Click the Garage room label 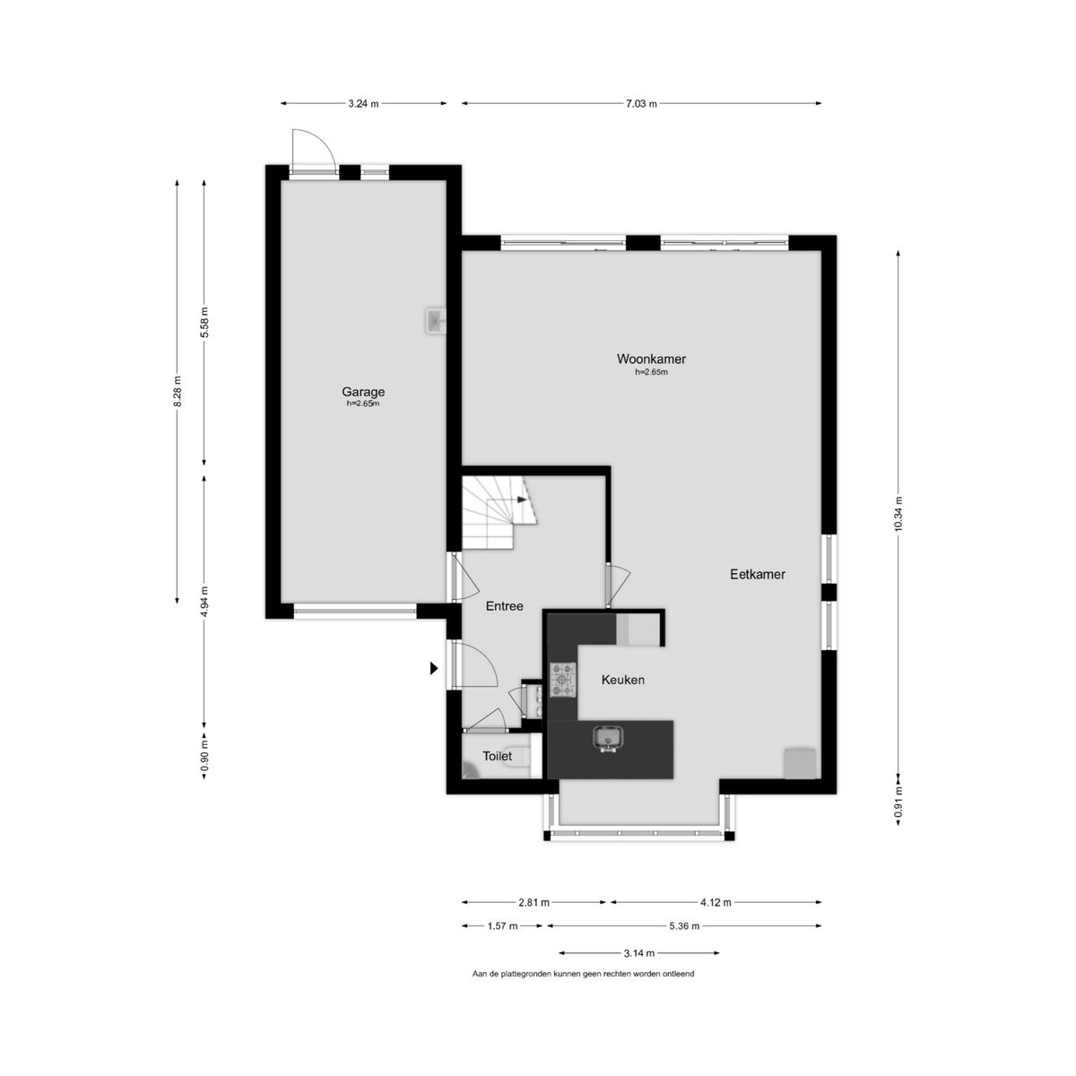(x=363, y=392)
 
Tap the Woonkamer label (x=651, y=359)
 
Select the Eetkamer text (x=758, y=574)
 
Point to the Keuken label (x=622, y=680)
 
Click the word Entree (x=504, y=606)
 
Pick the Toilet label (x=497, y=756)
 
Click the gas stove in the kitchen (x=563, y=679)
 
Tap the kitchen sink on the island (x=608, y=738)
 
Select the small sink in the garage (x=436, y=321)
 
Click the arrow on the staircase (x=522, y=499)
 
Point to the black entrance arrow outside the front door (x=434, y=668)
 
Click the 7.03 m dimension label (x=642, y=103)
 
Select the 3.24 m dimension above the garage (x=363, y=103)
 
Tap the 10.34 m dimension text (x=898, y=514)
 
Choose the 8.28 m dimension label (x=177, y=392)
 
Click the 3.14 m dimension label (x=638, y=953)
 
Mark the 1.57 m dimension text (x=502, y=925)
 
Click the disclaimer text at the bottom (x=583, y=973)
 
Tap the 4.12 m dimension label (x=716, y=902)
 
